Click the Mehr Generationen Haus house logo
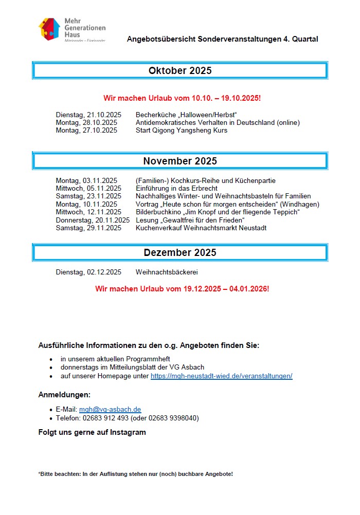point(50,29)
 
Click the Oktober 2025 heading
point(180,71)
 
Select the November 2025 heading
point(180,161)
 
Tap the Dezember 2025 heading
point(180,252)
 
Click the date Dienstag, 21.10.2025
point(88,115)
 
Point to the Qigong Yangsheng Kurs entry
point(181,130)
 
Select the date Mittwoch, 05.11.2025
point(88,188)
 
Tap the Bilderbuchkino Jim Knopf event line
point(218,212)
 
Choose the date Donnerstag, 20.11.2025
point(93,220)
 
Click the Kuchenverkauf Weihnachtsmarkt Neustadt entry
point(201,228)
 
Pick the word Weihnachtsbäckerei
point(167,272)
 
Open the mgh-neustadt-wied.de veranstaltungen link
point(221,376)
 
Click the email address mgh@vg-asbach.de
point(110,410)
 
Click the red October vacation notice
point(182,98)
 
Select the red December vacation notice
point(182,289)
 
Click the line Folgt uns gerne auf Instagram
point(92,432)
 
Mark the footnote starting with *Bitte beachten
point(135,473)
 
